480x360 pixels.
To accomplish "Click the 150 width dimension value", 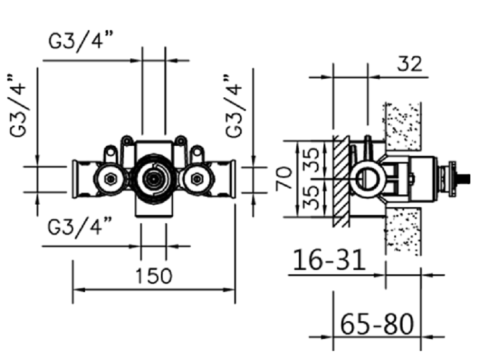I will click(x=154, y=276).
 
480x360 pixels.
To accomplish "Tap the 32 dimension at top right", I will click(x=409, y=64).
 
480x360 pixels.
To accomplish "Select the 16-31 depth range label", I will click(x=329, y=260).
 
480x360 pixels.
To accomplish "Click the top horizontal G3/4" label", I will click(x=81, y=42).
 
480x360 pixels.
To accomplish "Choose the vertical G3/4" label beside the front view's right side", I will click(x=234, y=106).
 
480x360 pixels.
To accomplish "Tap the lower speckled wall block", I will click(x=403, y=230).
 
